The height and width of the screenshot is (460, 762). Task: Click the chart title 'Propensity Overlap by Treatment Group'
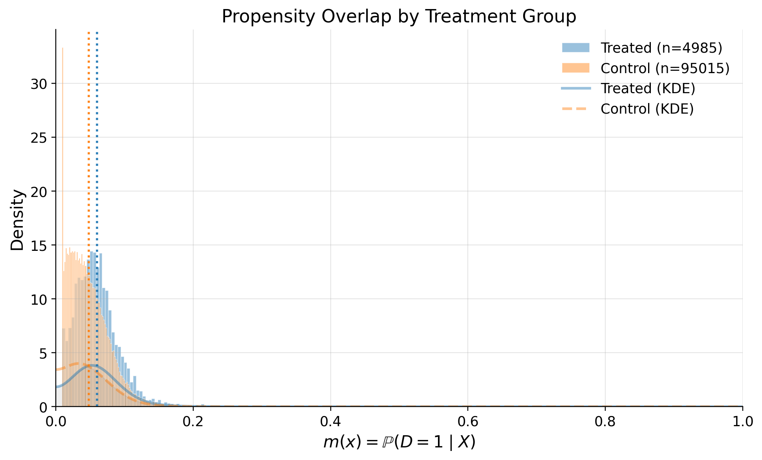point(399,17)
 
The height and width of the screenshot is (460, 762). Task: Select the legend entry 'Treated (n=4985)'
point(661,48)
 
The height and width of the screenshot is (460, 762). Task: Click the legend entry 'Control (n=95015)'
point(665,68)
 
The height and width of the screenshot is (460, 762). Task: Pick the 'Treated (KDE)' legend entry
point(648,88)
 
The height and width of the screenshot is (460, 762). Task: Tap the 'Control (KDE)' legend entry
point(647,109)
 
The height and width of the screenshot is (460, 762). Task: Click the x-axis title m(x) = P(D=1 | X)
point(399,442)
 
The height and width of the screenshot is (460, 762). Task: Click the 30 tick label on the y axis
point(38,84)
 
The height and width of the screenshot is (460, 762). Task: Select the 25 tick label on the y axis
point(38,138)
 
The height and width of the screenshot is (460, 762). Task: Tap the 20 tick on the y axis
point(38,191)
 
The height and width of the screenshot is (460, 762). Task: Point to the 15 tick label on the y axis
point(38,245)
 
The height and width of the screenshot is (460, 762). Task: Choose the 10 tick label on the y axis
point(38,299)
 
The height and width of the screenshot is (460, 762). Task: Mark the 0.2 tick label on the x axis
point(193,422)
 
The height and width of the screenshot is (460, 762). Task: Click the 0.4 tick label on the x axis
point(330,422)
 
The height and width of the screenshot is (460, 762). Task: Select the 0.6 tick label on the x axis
point(468,422)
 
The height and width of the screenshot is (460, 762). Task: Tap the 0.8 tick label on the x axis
point(605,422)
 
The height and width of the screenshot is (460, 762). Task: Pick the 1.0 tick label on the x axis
point(742,422)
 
